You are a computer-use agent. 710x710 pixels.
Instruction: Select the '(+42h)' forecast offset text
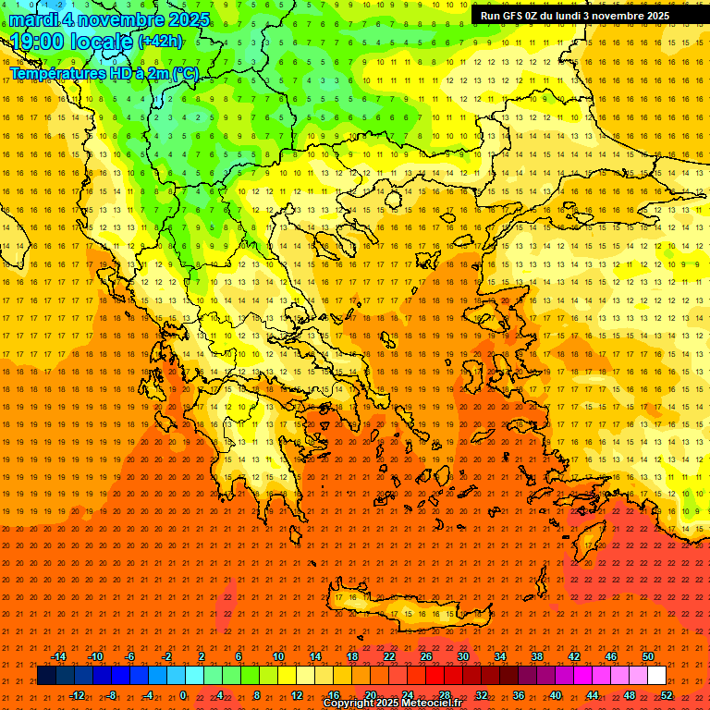160,42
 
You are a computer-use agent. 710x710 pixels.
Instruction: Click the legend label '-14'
59,656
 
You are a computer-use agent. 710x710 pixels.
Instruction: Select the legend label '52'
667,695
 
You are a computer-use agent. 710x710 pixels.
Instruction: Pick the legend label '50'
647,656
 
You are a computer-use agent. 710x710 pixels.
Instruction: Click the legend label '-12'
77,695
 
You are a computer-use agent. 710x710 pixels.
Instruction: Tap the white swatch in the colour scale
656,676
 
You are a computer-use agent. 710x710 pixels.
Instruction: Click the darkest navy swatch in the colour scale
47,676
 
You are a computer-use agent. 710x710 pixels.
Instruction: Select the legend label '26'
426,656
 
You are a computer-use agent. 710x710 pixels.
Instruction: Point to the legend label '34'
500,656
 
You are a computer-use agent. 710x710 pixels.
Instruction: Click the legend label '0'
183,695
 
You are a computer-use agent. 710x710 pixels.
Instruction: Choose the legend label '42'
573,656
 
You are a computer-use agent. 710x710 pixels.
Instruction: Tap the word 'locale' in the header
103,41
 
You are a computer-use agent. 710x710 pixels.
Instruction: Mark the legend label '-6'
129,656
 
